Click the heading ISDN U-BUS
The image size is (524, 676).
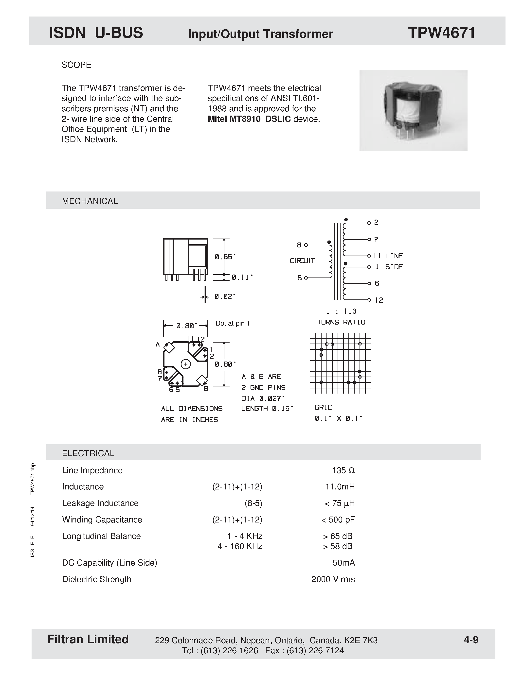click(x=96, y=33)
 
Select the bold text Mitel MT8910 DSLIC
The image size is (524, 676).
click(x=249, y=119)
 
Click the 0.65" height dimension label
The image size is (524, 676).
click(x=225, y=257)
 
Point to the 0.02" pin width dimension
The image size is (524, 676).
click(x=225, y=296)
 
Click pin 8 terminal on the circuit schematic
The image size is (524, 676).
click(x=306, y=245)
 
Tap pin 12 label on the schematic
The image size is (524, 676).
click(x=379, y=300)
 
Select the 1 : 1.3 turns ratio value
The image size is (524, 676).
click(x=341, y=311)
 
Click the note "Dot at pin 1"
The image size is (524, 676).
click(x=233, y=323)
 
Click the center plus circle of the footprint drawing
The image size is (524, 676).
click(x=185, y=364)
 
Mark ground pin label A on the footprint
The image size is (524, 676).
click(x=158, y=344)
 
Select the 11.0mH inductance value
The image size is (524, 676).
click(x=340, y=486)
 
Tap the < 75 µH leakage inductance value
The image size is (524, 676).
click(x=339, y=503)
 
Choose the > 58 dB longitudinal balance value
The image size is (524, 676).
click(x=338, y=546)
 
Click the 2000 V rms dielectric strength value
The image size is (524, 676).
click(x=333, y=579)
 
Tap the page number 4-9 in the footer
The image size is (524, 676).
click(x=471, y=640)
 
